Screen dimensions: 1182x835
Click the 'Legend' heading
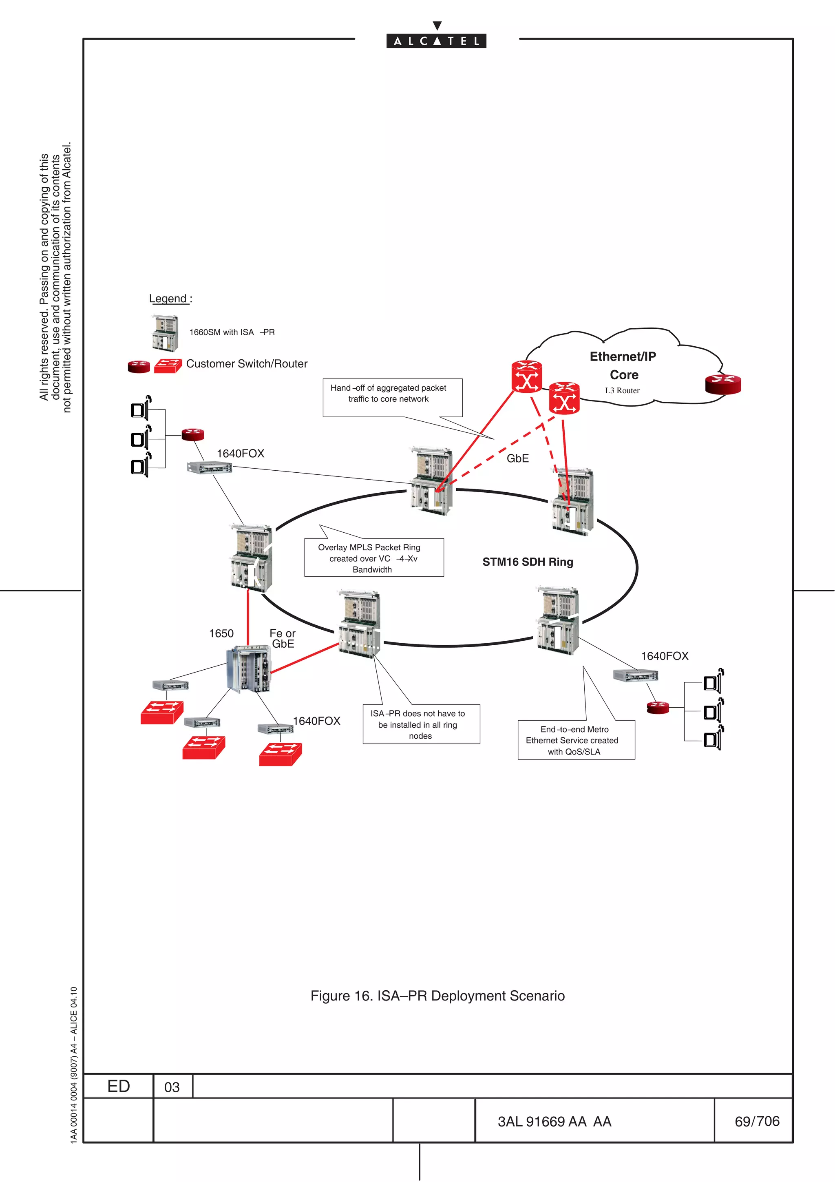click(x=168, y=299)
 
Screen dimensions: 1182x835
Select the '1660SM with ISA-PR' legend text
click(x=232, y=332)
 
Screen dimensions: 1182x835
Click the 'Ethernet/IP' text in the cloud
click(x=623, y=356)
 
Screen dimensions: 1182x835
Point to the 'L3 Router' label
click(x=622, y=390)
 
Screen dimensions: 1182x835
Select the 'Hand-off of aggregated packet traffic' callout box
click(x=392, y=397)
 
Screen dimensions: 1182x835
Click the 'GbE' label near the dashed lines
click(x=517, y=458)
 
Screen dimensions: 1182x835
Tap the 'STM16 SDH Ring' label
click(x=527, y=562)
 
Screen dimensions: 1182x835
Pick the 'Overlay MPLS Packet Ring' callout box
click(x=373, y=558)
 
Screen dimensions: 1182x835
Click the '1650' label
click(x=221, y=633)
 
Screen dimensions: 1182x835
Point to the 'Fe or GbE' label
click(x=283, y=638)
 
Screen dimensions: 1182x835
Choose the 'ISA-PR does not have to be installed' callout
click(x=421, y=724)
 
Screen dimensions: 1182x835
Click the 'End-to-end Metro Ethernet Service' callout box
click(x=576, y=740)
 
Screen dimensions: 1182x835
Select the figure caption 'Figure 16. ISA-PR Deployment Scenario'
click(x=437, y=996)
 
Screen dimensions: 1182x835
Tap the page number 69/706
click(x=757, y=1121)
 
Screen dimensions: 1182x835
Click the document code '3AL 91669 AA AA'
click(x=554, y=1121)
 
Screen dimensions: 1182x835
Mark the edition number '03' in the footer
click(x=172, y=1087)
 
